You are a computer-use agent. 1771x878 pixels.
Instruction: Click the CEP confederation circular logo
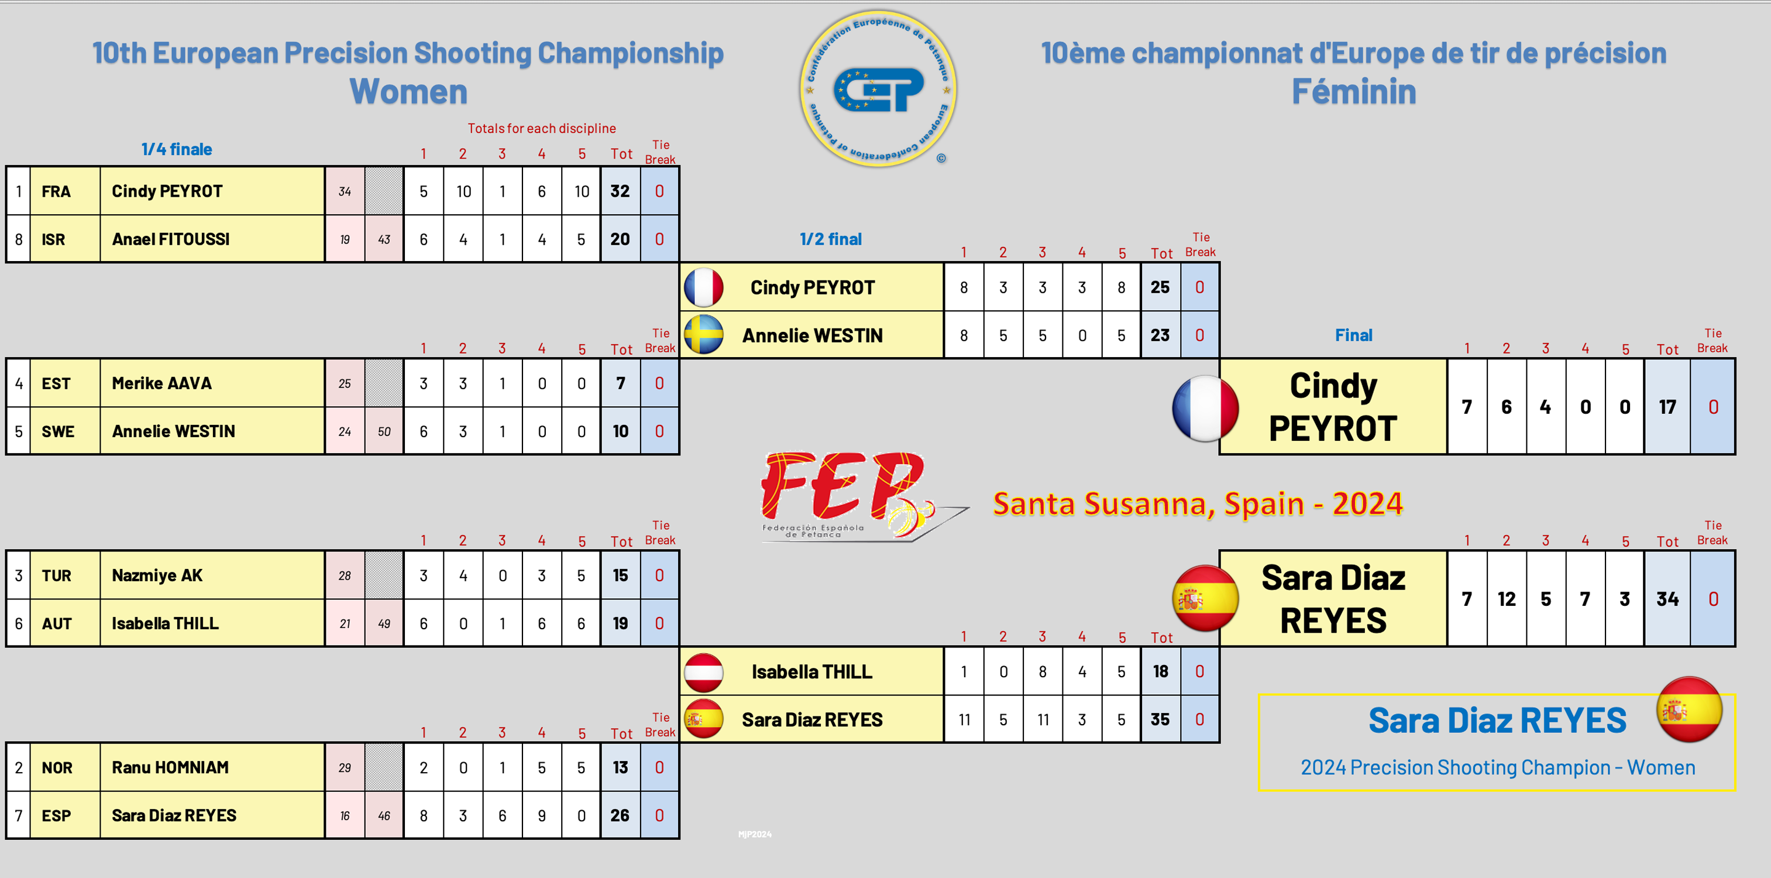pyautogui.click(x=878, y=89)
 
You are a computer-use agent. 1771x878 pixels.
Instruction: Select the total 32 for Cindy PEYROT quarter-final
pyautogui.click(x=620, y=191)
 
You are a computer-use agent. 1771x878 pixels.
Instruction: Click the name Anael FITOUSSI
pyautogui.click(x=170, y=239)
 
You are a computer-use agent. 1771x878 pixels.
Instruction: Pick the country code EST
pyautogui.click(x=56, y=383)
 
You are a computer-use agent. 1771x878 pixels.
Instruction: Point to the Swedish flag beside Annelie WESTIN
pyautogui.click(x=703, y=335)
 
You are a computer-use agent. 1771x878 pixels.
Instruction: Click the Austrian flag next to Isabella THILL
pyautogui.click(x=703, y=672)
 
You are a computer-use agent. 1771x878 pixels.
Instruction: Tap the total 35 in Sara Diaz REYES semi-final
pyautogui.click(x=1160, y=719)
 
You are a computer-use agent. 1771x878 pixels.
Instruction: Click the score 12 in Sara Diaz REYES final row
pyautogui.click(x=1507, y=599)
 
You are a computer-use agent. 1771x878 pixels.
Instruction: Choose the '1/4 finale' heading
pyautogui.click(x=177, y=149)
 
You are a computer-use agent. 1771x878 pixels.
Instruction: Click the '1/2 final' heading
pyautogui.click(x=830, y=239)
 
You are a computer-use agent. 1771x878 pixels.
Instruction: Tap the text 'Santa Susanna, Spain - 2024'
pyautogui.click(x=1197, y=504)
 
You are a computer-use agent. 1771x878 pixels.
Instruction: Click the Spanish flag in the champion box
pyautogui.click(x=1689, y=709)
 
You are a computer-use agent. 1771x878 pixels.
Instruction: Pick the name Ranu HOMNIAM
pyautogui.click(x=170, y=767)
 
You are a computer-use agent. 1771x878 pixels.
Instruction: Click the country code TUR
pyautogui.click(x=56, y=575)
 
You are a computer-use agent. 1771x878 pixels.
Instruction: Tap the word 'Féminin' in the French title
pyautogui.click(x=1353, y=91)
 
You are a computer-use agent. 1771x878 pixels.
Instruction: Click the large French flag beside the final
pyautogui.click(x=1205, y=409)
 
